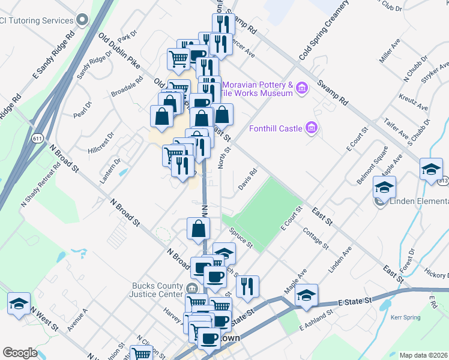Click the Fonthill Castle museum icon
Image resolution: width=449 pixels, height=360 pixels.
coord(311,127)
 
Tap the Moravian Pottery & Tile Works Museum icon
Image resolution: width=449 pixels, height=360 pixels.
coord(302,89)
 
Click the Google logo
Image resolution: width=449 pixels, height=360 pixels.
coord(20,353)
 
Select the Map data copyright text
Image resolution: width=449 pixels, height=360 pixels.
coord(424,355)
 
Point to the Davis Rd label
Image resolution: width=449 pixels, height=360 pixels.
coord(247,179)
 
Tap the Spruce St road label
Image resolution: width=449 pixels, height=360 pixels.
coord(240,238)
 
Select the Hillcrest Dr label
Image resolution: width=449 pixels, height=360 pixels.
coord(100,142)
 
